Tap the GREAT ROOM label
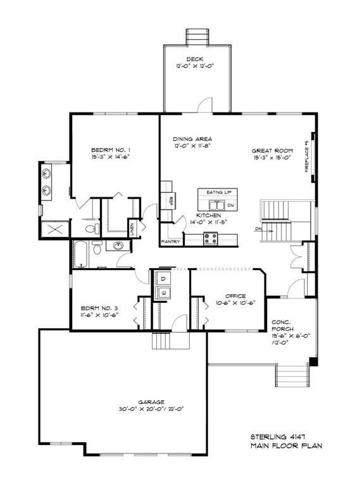(271, 151)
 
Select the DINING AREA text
(192, 138)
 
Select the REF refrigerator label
(171, 200)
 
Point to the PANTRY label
(171, 242)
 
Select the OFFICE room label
(235, 295)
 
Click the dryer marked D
(162, 279)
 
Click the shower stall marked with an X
(54, 227)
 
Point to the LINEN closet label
(132, 226)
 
